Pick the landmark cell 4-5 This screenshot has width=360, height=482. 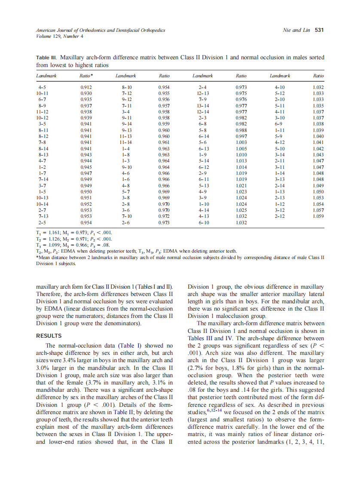(x=43, y=87)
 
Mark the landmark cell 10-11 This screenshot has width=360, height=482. (x=42, y=93)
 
